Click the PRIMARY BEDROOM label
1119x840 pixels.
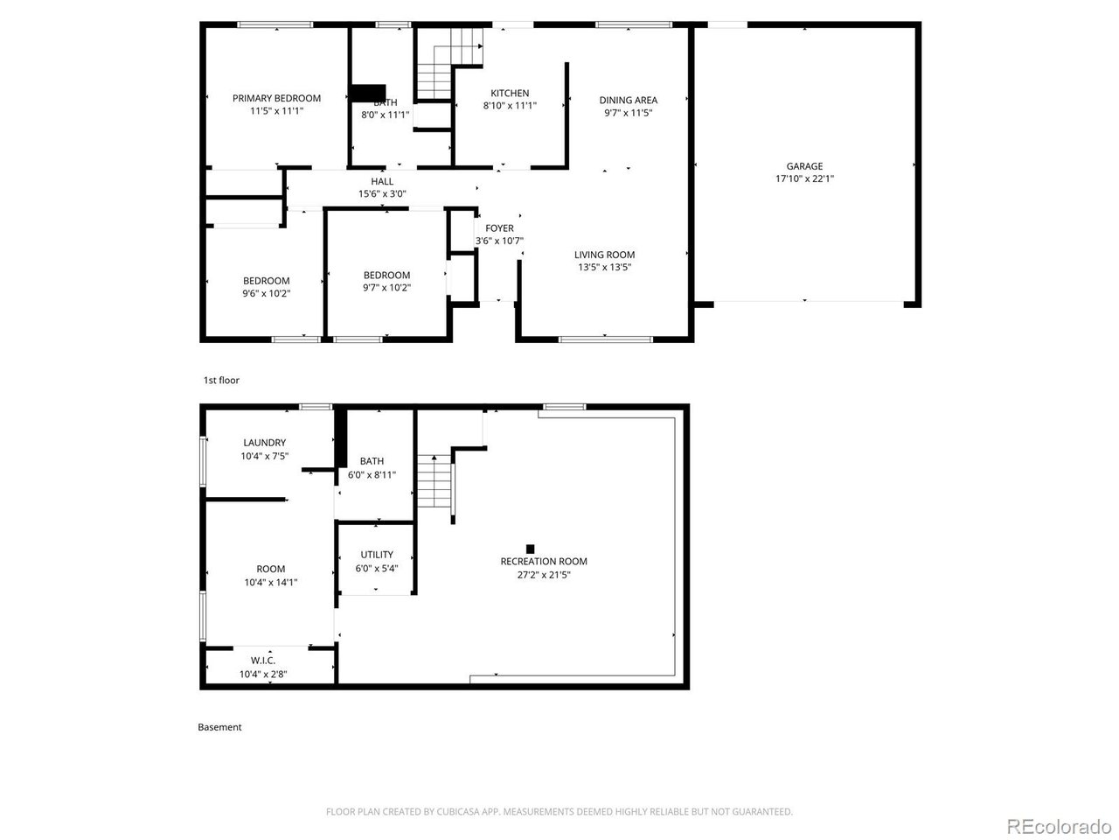(x=276, y=98)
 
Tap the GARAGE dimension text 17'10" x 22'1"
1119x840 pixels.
(x=804, y=178)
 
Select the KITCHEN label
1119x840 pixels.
(x=510, y=93)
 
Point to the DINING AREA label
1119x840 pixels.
(x=628, y=100)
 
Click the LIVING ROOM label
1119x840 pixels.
(x=605, y=255)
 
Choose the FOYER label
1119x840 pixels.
(x=499, y=228)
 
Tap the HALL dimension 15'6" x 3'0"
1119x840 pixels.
(x=382, y=194)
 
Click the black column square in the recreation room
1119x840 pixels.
(x=530, y=549)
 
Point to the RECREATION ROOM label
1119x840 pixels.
(x=544, y=561)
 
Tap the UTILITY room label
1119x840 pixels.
(x=377, y=554)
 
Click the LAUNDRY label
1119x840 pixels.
(x=264, y=443)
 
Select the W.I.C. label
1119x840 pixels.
(x=263, y=661)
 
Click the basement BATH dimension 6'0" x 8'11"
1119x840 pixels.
(x=372, y=475)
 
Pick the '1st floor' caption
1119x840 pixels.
(x=221, y=381)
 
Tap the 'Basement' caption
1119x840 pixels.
(x=219, y=727)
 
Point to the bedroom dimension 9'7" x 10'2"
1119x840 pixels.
(x=386, y=288)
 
